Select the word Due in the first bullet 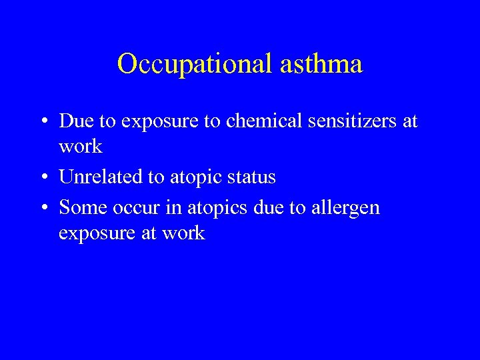pyautogui.click(x=74, y=121)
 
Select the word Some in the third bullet pyautogui.click(x=79, y=207)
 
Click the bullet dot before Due pyautogui.click(x=43, y=121)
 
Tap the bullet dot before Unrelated pyautogui.click(x=43, y=177)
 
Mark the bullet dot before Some pyautogui.click(x=43, y=208)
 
